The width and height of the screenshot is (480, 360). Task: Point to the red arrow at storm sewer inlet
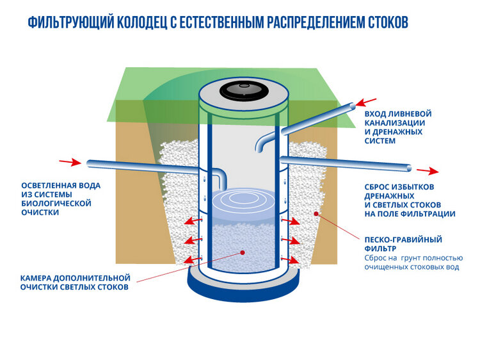click(x=366, y=102)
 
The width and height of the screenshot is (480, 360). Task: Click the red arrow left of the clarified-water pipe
click(x=70, y=162)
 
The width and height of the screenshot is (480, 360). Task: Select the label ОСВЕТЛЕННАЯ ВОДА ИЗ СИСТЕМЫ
click(x=61, y=190)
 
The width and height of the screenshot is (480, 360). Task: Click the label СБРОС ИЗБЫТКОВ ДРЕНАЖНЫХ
click(x=399, y=191)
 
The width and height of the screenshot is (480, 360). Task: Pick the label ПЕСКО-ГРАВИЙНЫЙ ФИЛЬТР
click(x=403, y=244)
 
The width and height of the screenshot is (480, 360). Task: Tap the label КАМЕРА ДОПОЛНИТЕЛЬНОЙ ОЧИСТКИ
click(x=75, y=282)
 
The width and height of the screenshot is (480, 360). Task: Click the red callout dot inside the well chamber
click(x=243, y=252)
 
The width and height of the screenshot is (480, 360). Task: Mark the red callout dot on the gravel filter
click(x=316, y=213)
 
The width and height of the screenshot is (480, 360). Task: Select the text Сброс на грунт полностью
click(x=413, y=258)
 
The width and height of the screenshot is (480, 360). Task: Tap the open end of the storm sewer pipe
click(x=352, y=106)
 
